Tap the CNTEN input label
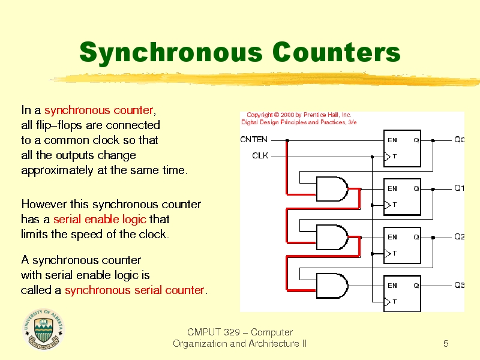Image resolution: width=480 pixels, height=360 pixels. (x=254, y=140)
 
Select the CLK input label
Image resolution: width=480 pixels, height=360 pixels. (x=260, y=156)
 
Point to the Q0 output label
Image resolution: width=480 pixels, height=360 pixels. (x=459, y=140)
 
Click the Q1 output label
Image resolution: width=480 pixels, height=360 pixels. (x=459, y=188)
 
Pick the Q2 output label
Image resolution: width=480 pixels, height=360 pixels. (x=459, y=236)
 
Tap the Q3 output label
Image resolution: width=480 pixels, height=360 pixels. (x=459, y=285)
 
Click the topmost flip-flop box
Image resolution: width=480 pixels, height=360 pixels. (x=402, y=149)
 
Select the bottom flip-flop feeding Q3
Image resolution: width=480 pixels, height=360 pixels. (x=402, y=293)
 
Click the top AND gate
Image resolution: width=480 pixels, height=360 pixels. (x=332, y=188)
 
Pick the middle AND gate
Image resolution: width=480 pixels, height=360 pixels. (x=332, y=237)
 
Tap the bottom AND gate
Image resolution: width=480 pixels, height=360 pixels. (x=332, y=286)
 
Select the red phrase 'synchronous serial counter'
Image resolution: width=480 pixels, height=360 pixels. (x=134, y=290)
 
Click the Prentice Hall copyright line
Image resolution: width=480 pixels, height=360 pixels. (x=299, y=115)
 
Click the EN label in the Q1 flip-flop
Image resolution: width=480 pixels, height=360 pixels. (x=392, y=188)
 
